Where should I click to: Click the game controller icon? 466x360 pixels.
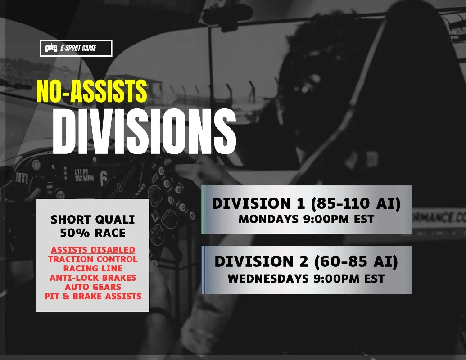[x=51, y=48]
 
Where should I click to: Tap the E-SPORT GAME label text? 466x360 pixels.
[x=78, y=48]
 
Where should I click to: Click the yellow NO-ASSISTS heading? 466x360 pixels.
[x=92, y=91]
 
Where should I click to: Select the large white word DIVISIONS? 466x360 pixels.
[x=145, y=131]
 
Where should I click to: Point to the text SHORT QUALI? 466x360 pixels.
[x=93, y=220]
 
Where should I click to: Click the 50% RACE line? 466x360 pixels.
[x=93, y=233]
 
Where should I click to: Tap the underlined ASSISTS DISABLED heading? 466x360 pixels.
[x=93, y=250]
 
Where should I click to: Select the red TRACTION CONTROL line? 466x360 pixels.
[x=93, y=259]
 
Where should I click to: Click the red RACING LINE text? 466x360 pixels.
[x=93, y=268]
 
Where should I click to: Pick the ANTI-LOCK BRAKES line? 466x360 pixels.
[x=93, y=278]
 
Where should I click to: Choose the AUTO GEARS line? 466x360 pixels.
[x=93, y=287]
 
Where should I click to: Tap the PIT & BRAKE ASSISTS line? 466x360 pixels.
[x=93, y=296]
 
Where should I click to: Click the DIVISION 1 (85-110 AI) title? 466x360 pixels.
[x=306, y=204]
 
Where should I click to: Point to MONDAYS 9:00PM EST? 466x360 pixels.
[x=306, y=219]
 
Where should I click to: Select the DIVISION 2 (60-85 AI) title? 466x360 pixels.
[x=306, y=262]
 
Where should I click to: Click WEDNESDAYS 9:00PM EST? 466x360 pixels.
[x=306, y=279]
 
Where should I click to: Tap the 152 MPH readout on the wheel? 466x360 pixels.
[x=84, y=178]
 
